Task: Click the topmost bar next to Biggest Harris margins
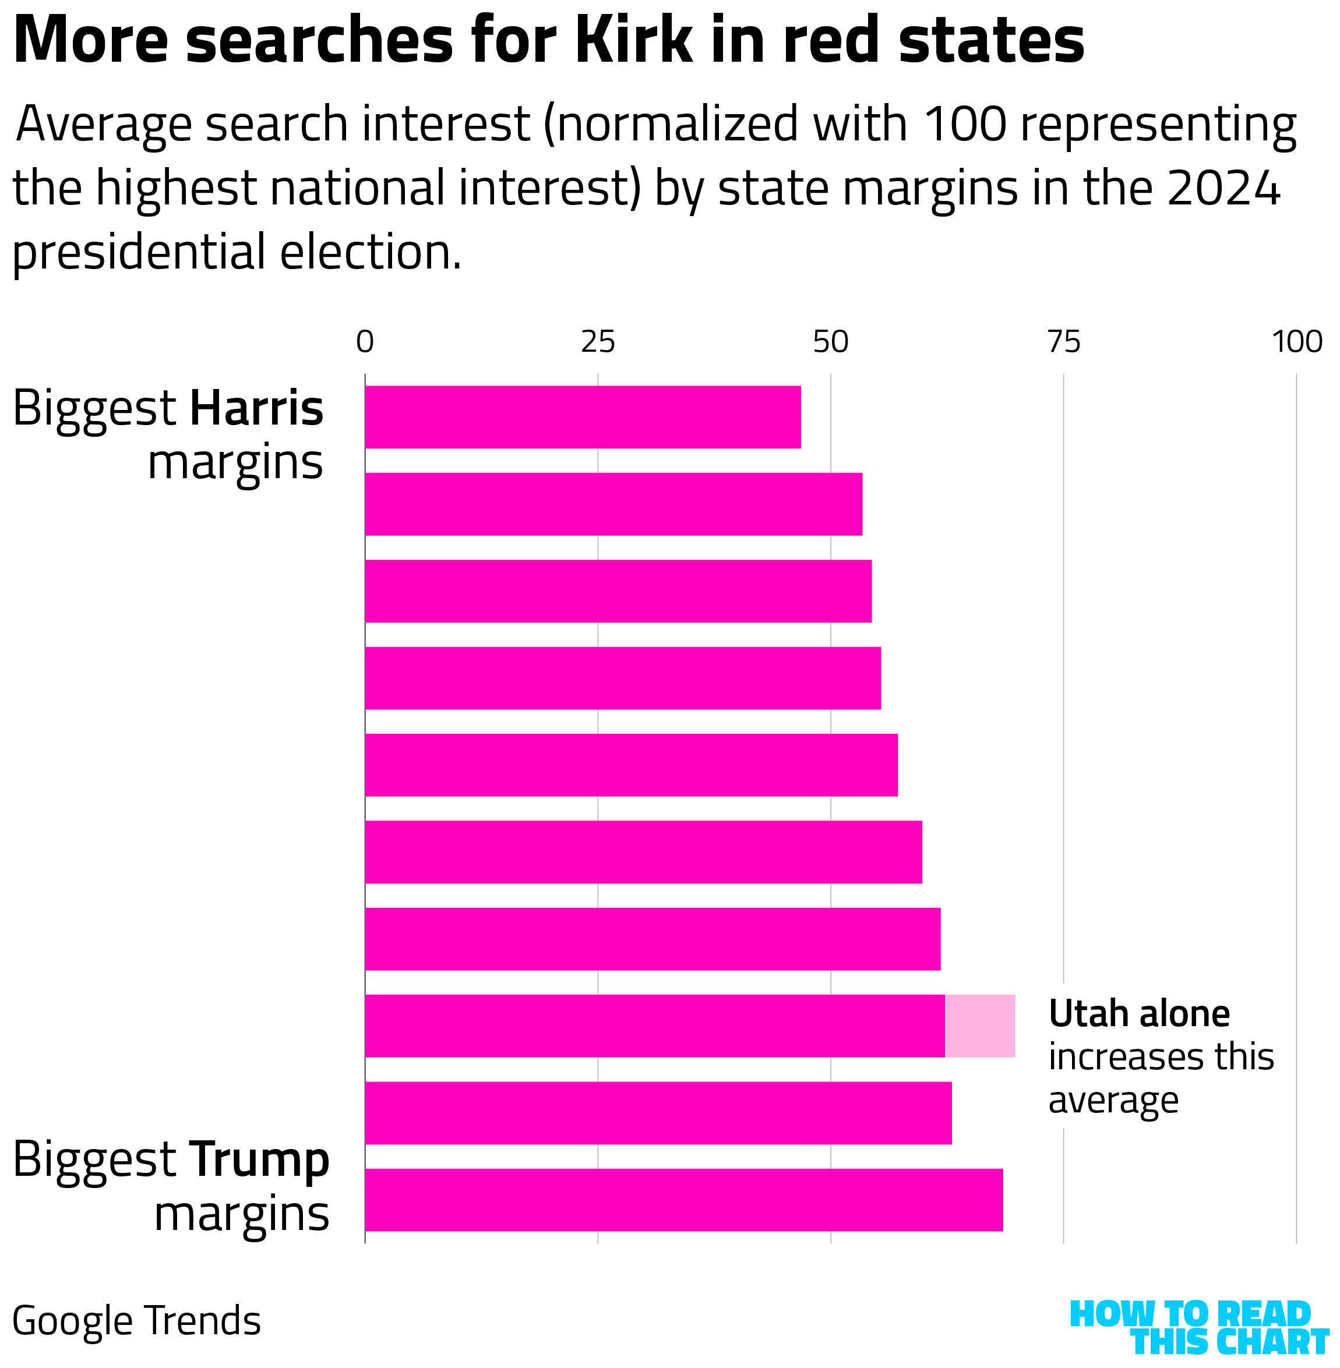(583, 417)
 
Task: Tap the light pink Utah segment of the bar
(980, 1026)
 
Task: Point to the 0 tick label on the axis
(365, 342)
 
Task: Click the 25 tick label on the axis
(598, 342)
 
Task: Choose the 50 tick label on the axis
(830, 342)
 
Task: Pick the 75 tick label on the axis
(1063, 342)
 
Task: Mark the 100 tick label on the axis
(1296, 342)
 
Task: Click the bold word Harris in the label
(256, 409)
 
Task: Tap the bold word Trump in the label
(259, 1160)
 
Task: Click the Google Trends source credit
(136, 1321)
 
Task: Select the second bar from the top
(613, 504)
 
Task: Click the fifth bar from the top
(630, 765)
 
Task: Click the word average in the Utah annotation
(1113, 1100)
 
